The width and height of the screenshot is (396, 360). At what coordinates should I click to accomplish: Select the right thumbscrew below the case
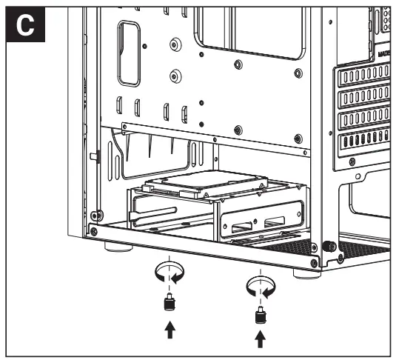point(259,316)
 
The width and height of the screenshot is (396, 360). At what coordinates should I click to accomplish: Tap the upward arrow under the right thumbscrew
point(259,340)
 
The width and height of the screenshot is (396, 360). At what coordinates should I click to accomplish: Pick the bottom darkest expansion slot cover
point(363,140)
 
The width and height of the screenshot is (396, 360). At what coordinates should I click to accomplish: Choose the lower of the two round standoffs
point(175,75)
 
